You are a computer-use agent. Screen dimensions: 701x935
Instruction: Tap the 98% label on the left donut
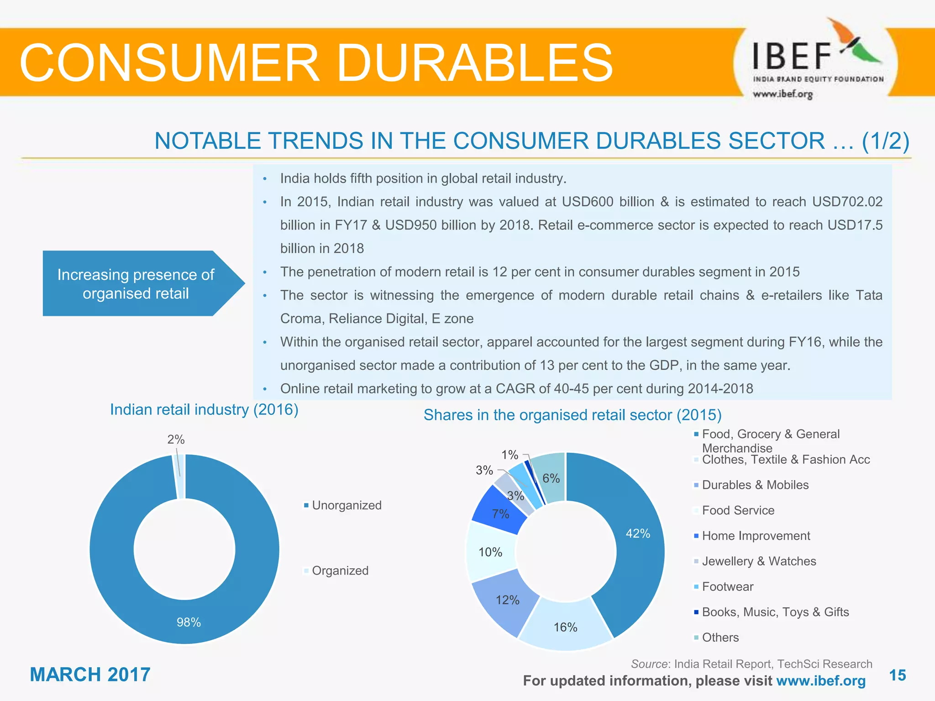(189, 622)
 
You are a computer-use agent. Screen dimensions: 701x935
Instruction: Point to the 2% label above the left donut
(176, 439)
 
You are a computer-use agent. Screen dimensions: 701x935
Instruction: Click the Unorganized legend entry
(346, 505)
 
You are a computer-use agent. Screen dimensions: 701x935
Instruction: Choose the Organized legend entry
(340, 570)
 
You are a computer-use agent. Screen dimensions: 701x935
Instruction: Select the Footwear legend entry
(727, 586)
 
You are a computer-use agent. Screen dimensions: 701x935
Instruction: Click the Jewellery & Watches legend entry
(758, 561)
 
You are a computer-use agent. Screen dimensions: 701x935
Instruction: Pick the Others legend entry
(720, 637)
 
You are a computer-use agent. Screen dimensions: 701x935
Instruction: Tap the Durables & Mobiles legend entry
(755, 485)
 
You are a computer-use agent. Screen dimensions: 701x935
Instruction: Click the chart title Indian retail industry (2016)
(204, 409)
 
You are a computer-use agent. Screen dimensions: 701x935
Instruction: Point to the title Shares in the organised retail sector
(572, 415)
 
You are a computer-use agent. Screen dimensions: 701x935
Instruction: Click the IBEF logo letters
(791, 56)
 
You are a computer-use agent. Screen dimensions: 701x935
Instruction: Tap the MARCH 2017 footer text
(90, 675)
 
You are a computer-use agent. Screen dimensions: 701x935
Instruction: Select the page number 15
(898, 675)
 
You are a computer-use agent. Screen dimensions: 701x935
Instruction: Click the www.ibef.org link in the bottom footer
(820, 680)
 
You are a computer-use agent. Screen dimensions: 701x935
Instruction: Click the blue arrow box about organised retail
(136, 283)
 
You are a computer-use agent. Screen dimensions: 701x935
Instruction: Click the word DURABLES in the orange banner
(474, 63)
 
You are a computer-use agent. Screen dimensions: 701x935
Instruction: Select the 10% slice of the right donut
(490, 552)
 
